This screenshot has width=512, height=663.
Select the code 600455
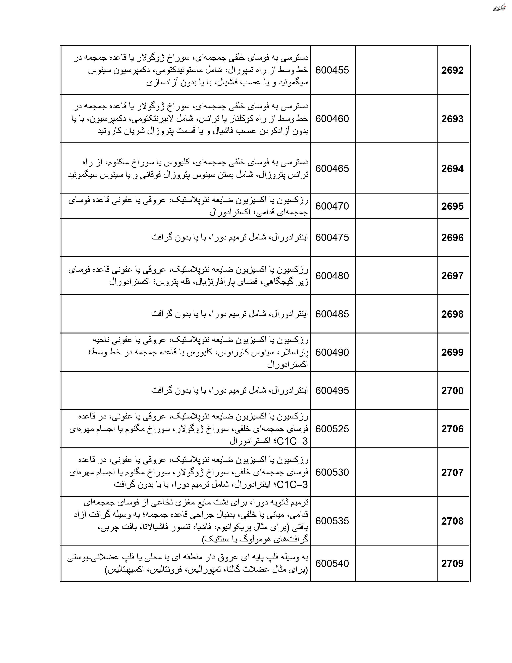pyautogui.click(x=332, y=70)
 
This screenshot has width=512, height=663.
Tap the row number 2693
pyautogui.click(x=452, y=119)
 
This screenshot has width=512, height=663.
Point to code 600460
pyautogui.click(x=332, y=119)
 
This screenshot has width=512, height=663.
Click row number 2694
pyautogui.click(x=452, y=169)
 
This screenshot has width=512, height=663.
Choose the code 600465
pyautogui.click(x=332, y=169)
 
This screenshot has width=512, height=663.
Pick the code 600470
pyautogui.click(x=332, y=206)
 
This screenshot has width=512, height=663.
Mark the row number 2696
pyautogui.click(x=452, y=238)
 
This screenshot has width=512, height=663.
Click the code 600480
pyautogui.click(x=332, y=276)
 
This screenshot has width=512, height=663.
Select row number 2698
pyautogui.click(x=452, y=314)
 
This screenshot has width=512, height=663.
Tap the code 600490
pyautogui.click(x=332, y=352)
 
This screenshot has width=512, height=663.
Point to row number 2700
pyautogui.click(x=452, y=391)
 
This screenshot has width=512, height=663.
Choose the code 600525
pyautogui.click(x=332, y=429)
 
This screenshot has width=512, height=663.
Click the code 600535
pyautogui.click(x=332, y=521)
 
